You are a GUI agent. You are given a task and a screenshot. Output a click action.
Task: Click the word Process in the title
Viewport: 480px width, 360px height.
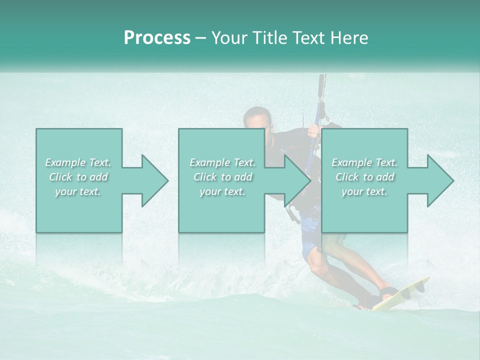tap(157, 38)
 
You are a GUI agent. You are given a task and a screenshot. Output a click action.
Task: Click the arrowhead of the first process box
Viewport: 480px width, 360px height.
tap(155, 180)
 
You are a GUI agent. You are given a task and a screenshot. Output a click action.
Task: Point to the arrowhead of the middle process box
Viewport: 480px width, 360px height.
tap(298, 180)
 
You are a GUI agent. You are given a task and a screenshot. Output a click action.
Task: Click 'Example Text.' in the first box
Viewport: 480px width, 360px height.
tap(78, 162)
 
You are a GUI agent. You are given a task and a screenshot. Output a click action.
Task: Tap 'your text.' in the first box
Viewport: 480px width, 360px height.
tap(78, 191)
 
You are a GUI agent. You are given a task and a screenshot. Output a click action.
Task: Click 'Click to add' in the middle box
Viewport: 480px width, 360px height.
tap(222, 177)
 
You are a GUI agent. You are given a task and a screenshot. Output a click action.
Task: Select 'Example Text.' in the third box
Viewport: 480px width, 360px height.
tap(364, 162)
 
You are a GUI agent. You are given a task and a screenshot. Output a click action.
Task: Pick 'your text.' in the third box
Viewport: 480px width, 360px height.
tap(364, 191)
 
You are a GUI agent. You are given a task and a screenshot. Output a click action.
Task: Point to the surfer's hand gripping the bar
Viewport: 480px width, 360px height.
tap(313, 131)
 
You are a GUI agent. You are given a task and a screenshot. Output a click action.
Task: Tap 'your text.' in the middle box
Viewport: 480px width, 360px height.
tap(222, 191)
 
